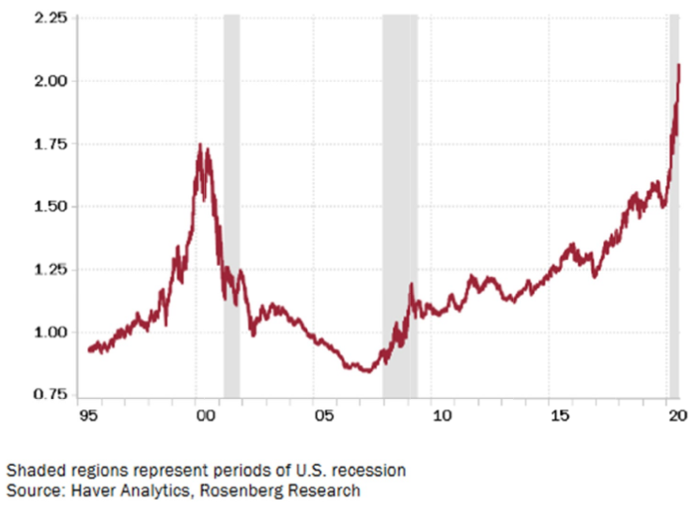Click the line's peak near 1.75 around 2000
click(x=199, y=145)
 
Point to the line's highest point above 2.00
click(x=678, y=65)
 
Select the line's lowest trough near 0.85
click(x=366, y=371)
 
